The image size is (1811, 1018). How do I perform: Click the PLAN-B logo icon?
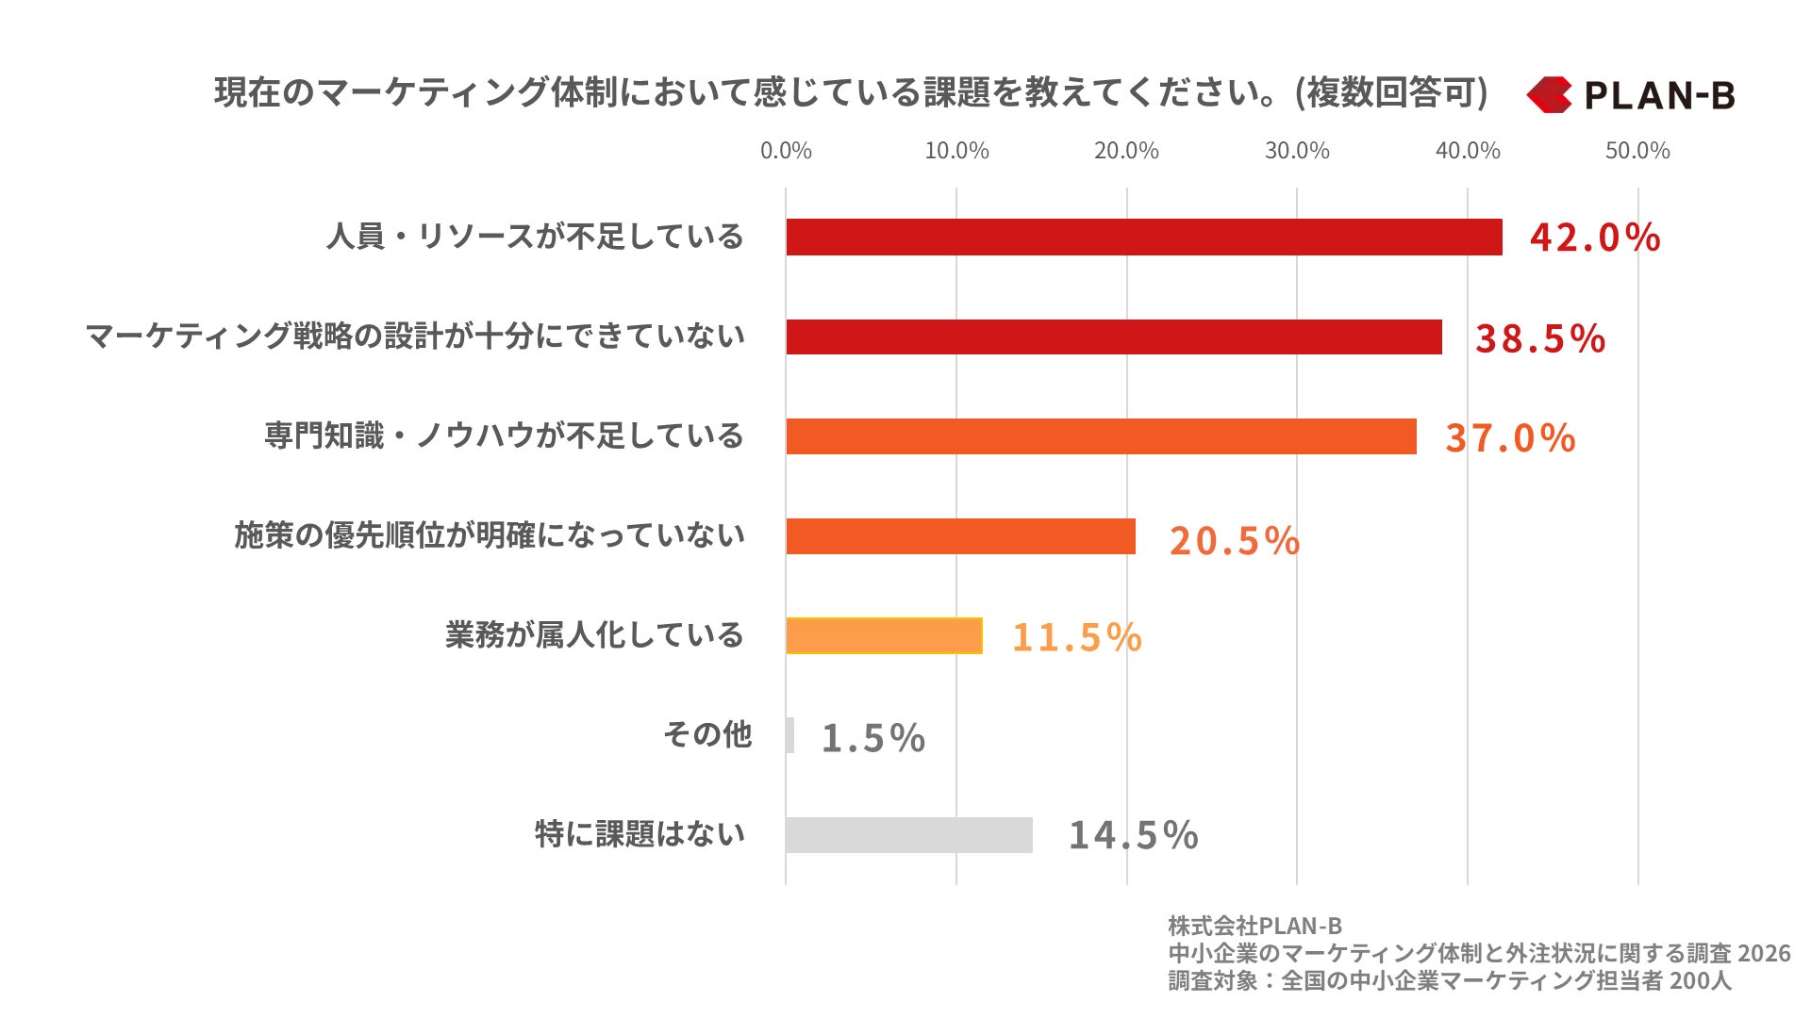(x=1549, y=94)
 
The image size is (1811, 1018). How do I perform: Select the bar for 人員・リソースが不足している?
(x=1143, y=237)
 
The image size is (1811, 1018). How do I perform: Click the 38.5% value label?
(x=1540, y=338)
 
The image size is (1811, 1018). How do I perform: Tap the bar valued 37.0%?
(x=1101, y=436)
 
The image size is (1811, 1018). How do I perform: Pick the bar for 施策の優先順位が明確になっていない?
(x=960, y=536)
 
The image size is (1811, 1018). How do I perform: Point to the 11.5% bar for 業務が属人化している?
(x=884, y=635)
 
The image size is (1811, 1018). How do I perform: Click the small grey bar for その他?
(x=790, y=735)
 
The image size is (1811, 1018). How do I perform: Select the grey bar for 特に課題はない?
(x=908, y=835)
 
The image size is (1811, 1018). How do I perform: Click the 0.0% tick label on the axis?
(x=786, y=151)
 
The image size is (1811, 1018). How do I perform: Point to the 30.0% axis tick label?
(x=1297, y=151)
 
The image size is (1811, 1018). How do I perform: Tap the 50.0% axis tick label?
(x=1637, y=151)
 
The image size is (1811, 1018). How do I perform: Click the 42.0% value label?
(x=1595, y=238)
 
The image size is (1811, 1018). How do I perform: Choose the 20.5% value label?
(x=1234, y=541)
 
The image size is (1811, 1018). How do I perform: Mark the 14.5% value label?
(x=1133, y=835)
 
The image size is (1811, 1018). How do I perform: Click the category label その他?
(x=707, y=734)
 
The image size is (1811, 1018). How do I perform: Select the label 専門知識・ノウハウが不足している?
(x=504, y=436)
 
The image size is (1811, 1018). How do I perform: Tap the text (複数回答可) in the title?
(x=1392, y=92)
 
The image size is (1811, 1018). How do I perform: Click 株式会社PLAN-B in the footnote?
(x=1254, y=926)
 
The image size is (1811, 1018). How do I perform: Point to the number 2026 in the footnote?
(x=1763, y=953)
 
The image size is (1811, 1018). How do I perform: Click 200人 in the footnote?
(x=1700, y=980)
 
